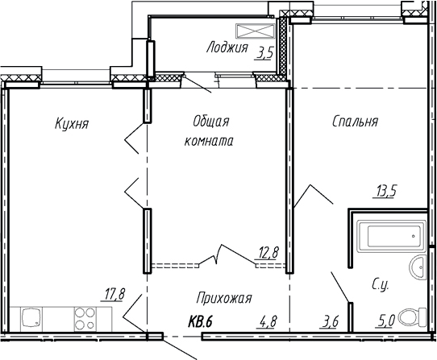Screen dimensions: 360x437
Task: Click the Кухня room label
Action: (x=72, y=124)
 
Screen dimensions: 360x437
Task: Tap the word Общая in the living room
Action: (x=211, y=122)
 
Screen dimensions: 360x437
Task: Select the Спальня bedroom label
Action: (x=355, y=122)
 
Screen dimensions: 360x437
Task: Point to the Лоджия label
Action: (x=227, y=48)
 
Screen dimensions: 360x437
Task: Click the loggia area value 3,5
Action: (x=264, y=56)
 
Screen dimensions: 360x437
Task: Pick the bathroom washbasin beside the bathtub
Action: (x=417, y=268)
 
